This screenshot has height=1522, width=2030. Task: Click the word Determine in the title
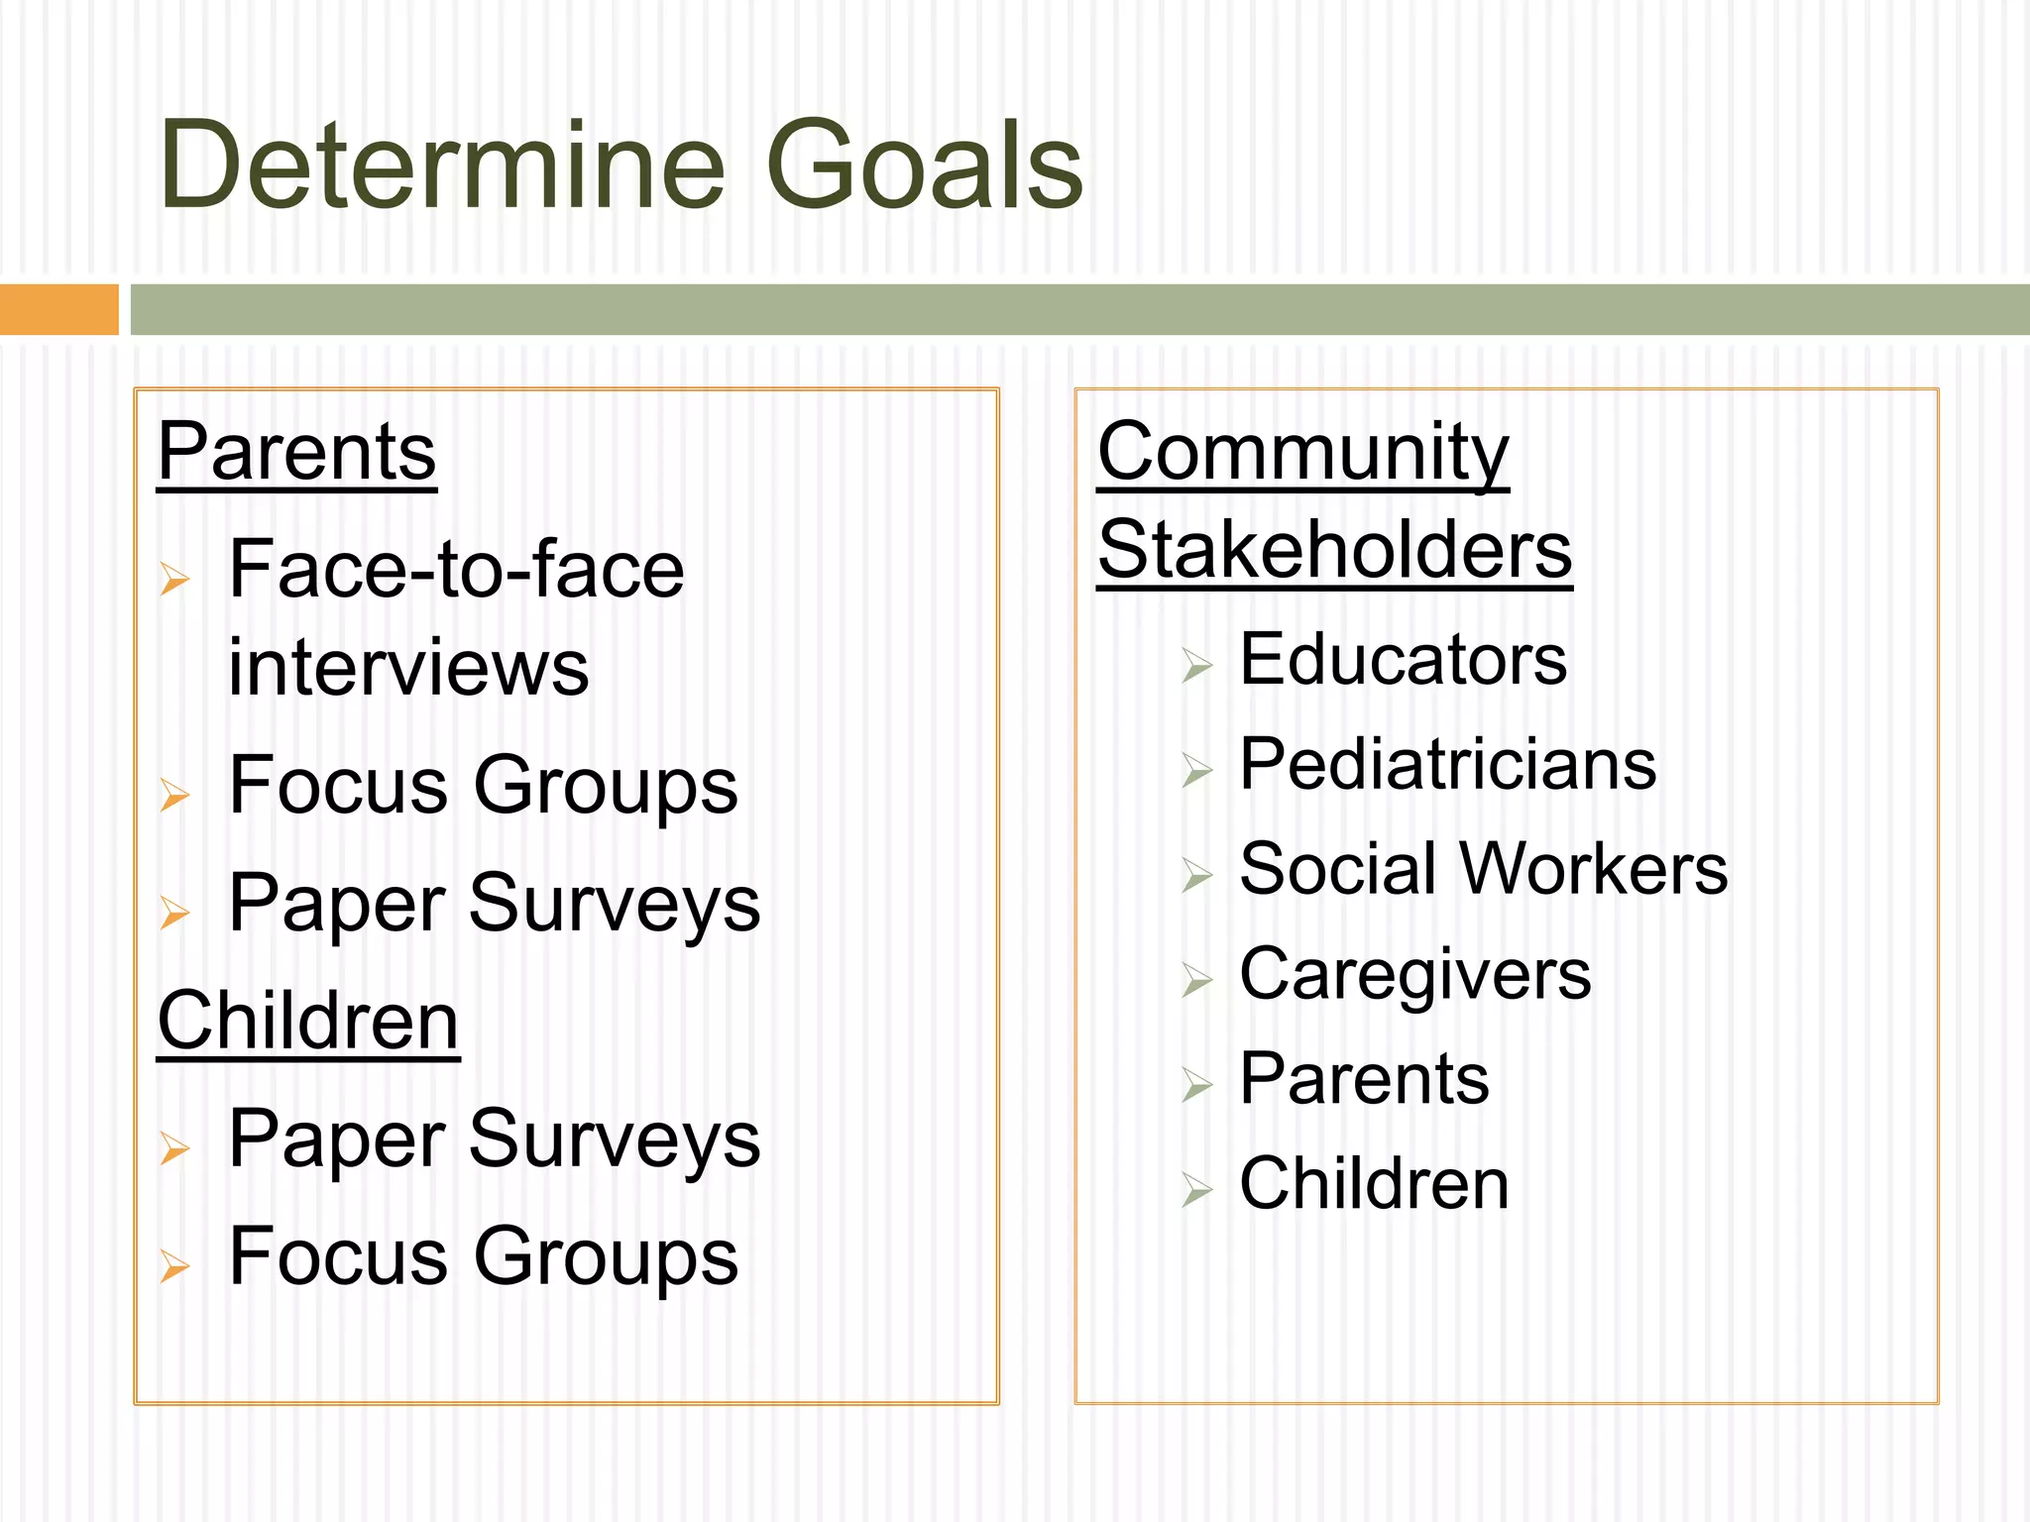point(442,164)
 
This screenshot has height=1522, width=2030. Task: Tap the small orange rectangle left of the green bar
point(58,309)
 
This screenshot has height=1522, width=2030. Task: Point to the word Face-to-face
point(456,570)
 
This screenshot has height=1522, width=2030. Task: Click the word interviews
point(408,667)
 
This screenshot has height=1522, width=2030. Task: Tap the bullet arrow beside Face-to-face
point(174,578)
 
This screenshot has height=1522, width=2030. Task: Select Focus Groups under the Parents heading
point(483,786)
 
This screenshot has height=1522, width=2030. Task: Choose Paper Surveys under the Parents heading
point(494,904)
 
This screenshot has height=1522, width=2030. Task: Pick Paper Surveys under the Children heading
point(494,1140)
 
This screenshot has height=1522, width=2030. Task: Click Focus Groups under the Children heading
point(483,1256)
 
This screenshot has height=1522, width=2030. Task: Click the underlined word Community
point(1302,452)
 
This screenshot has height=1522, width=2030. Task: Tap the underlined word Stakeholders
point(1334,550)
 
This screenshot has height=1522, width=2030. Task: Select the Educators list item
point(1403,660)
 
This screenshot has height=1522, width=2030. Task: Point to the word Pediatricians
point(1447,765)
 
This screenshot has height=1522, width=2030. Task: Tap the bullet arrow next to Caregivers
point(1196,980)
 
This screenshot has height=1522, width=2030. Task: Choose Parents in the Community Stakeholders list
point(1364,1079)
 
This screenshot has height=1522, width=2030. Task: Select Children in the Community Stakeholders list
point(1374,1184)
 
